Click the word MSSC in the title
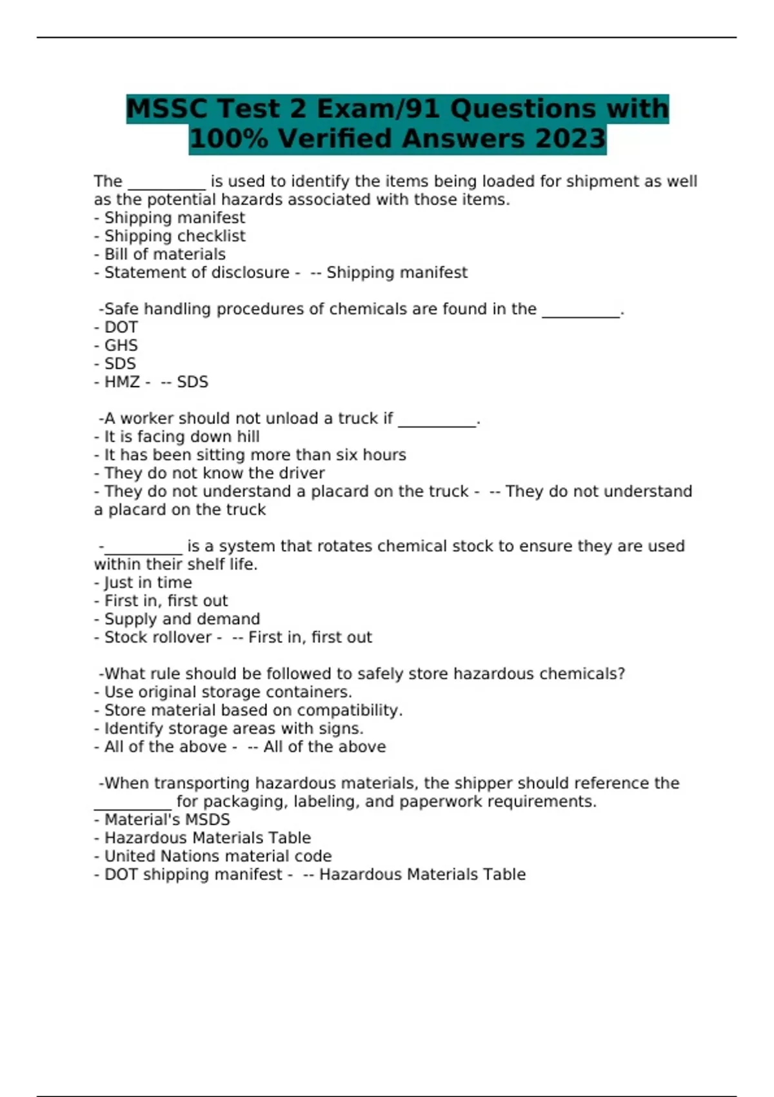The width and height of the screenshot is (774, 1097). pos(167,108)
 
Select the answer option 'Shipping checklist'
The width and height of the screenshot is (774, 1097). pos(175,236)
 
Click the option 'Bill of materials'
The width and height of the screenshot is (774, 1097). pos(164,254)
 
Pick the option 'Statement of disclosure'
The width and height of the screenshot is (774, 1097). pos(197,272)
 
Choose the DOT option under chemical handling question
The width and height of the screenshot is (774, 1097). pos(121,327)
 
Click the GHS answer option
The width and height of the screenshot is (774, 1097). pos(121,345)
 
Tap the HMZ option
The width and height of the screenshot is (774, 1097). pos(122,382)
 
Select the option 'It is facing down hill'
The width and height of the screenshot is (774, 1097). pos(182,437)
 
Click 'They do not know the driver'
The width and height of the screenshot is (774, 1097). pos(214,473)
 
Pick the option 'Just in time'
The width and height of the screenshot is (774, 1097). pos(148,583)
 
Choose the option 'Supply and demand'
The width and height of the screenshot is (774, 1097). pos(182,619)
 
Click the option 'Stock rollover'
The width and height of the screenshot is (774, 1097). pos(158,638)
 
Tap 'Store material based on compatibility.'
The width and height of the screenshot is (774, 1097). pos(253,710)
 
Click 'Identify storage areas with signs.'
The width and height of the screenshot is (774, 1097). pos(233,729)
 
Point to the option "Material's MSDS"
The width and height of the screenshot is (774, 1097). pos(167,820)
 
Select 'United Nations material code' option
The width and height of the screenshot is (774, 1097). pos(218,856)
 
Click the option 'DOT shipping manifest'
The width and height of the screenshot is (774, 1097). pos(193,874)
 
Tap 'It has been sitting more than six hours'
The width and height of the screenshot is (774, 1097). pos(255,455)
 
